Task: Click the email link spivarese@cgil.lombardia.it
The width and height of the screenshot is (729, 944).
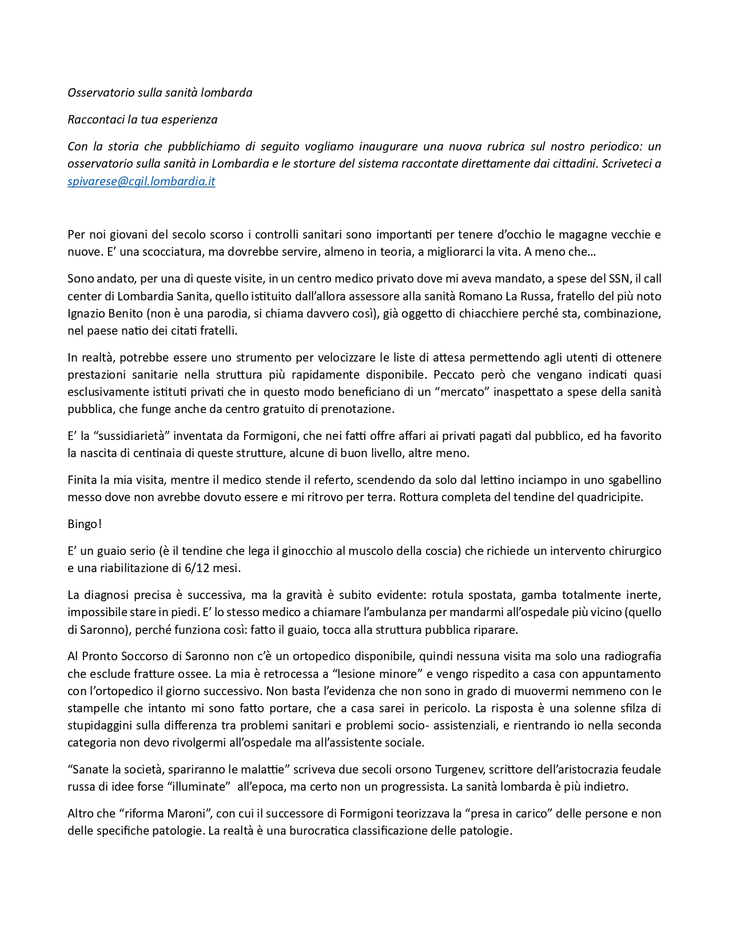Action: coord(141,181)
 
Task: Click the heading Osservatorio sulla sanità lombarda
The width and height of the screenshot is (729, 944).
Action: coord(160,93)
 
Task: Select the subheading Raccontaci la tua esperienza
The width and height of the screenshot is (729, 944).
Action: coord(142,120)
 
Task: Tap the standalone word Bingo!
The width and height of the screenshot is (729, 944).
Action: coord(85,524)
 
